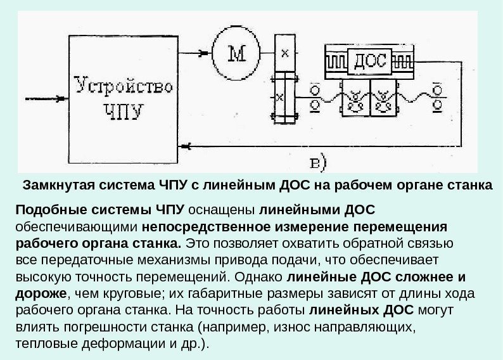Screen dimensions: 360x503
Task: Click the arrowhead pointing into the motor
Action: (x=203, y=53)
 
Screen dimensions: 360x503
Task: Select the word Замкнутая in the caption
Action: (x=53, y=186)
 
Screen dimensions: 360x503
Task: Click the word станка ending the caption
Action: (x=472, y=186)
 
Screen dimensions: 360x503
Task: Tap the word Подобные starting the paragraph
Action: (x=41, y=210)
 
